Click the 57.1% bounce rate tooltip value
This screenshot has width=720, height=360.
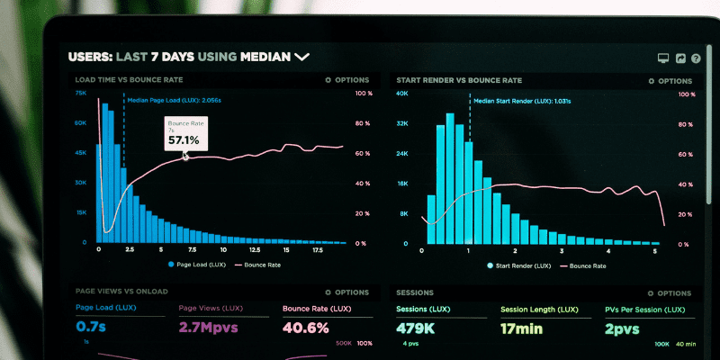(184, 139)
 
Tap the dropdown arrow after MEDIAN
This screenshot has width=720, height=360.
(301, 57)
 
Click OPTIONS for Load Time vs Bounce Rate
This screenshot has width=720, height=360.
(346, 80)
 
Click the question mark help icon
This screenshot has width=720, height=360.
(696, 58)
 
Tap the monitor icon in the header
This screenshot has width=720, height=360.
(663, 58)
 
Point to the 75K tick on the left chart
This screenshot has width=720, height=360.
(81, 93)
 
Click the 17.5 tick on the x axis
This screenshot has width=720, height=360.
(317, 249)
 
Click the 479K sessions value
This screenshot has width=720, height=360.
(416, 328)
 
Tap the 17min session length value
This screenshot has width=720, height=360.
(523, 328)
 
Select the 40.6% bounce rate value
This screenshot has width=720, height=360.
(306, 328)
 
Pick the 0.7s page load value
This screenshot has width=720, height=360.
(91, 328)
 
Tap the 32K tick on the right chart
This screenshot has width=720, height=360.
(402, 123)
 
